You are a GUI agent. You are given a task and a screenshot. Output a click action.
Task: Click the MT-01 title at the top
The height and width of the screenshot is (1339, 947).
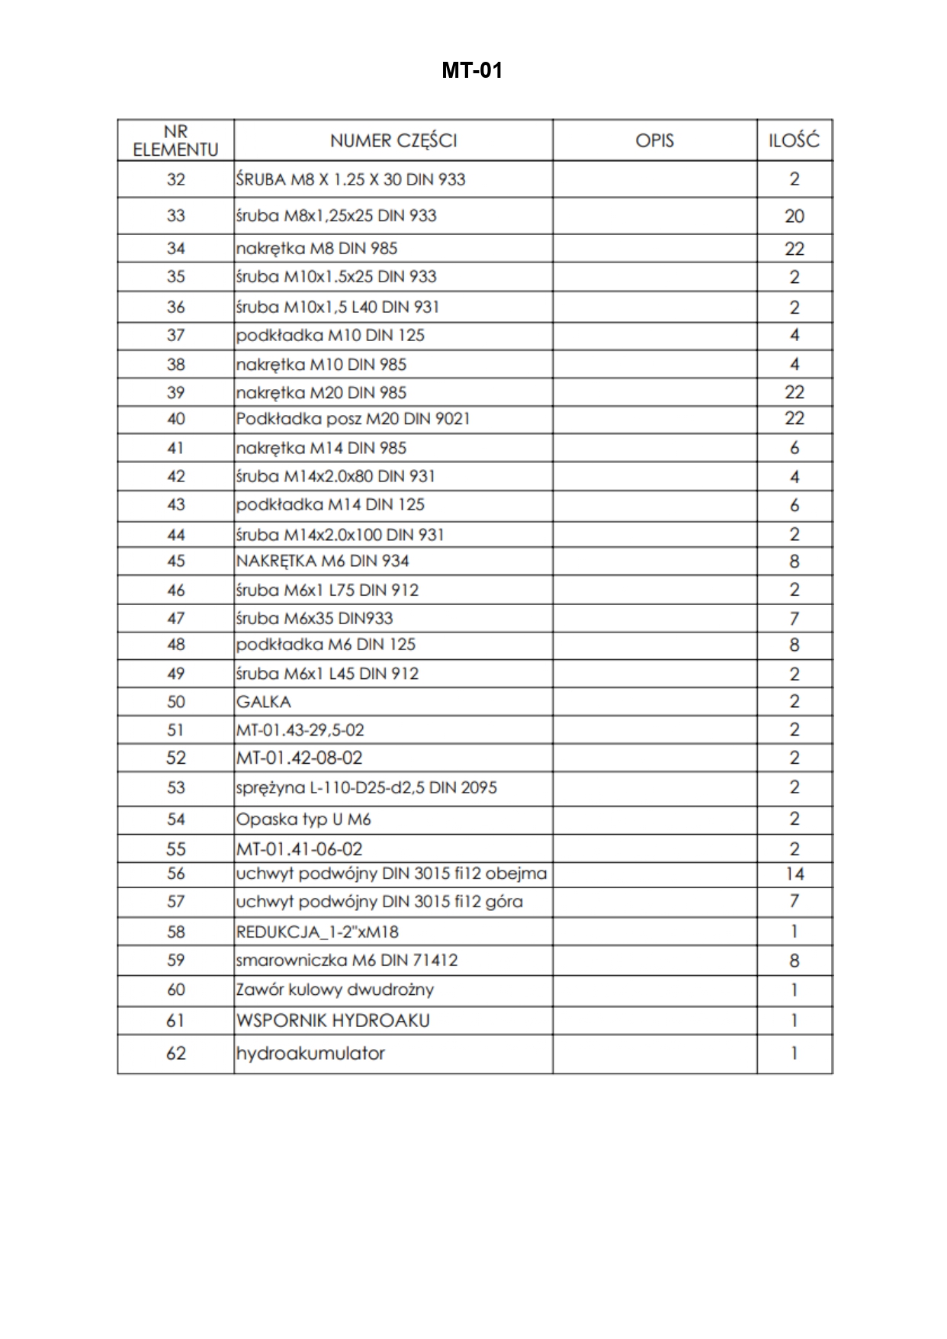472,71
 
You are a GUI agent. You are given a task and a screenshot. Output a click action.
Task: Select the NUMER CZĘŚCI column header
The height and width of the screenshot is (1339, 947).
393,140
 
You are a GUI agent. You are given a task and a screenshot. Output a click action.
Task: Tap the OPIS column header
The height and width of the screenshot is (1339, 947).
654,140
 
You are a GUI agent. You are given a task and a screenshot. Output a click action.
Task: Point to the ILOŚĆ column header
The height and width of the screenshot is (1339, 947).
794,140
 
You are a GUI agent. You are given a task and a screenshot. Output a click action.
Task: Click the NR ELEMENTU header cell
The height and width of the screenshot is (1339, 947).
175,140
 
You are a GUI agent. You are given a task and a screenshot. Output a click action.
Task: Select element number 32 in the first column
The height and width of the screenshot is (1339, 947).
175,179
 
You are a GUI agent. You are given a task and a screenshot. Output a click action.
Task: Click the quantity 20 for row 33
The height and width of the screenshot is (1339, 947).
794,216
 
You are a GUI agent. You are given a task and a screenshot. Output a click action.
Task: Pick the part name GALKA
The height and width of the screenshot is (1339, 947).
264,702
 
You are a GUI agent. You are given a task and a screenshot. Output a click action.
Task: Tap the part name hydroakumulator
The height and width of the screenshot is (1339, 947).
310,1054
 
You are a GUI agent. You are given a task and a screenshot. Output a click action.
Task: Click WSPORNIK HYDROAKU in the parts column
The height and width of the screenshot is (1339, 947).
333,1021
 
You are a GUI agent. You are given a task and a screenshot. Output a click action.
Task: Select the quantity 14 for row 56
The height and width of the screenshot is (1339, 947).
794,874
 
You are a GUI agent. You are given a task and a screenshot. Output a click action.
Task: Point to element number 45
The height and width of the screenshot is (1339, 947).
175,562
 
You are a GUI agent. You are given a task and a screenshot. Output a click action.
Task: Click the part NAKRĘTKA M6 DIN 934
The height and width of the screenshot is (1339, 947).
323,562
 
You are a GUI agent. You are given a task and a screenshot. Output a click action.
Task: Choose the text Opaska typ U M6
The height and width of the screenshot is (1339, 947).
303,819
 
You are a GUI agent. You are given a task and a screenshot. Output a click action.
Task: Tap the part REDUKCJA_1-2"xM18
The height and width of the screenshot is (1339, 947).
317,932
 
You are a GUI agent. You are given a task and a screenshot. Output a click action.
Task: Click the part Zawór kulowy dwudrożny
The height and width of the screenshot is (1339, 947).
335,990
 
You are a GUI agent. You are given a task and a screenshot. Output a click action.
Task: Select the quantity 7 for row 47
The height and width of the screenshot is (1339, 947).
794,619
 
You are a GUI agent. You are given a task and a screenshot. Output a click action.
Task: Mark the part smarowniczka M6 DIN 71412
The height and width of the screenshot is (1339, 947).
347,961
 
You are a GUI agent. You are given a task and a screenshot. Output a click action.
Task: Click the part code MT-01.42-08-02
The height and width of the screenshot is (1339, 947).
300,758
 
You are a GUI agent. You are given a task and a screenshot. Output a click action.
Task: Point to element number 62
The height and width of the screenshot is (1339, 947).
175,1054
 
